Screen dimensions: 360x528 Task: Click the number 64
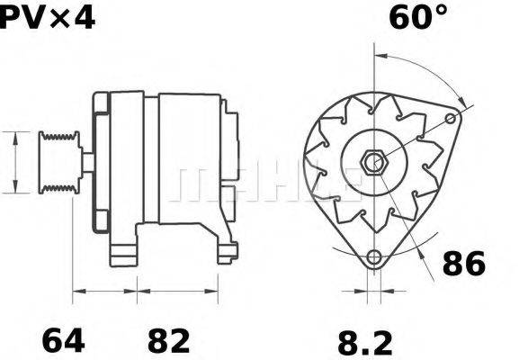(x=64, y=341)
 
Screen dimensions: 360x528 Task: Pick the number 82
(x=168, y=341)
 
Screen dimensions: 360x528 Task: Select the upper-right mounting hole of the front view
(x=455, y=117)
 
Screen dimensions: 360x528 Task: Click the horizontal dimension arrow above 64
(x=104, y=292)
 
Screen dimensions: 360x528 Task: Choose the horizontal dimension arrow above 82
(x=177, y=292)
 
